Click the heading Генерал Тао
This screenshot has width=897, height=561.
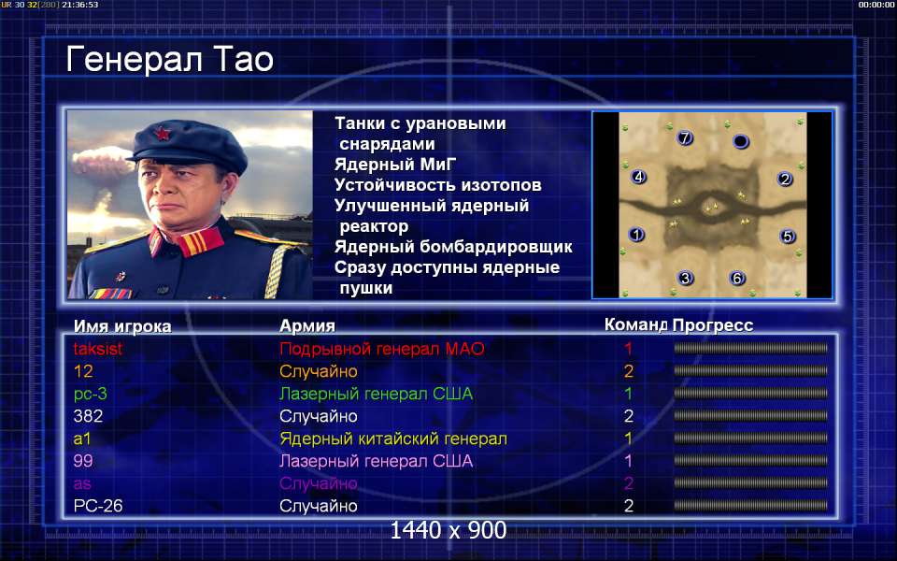(x=169, y=60)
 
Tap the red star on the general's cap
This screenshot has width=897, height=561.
(x=163, y=134)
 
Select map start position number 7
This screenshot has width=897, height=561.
(x=685, y=137)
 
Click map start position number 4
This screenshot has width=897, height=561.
(x=638, y=177)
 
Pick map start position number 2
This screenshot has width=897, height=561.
(x=785, y=180)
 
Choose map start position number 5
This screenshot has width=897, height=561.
(x=788, y=236)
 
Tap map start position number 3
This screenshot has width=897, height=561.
(x=685, y=279)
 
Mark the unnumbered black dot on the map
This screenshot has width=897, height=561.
(x=740, y=141)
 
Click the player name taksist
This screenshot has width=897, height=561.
(x=98, y=349)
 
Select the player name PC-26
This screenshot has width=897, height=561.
(x=98, y=506)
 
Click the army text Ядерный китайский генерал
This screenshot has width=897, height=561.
(x=393, y=439)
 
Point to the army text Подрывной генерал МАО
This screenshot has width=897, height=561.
(x=381, y=349)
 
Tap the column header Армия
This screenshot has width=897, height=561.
(x=307, y=325)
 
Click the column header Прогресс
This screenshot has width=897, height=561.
(x=713, y=325)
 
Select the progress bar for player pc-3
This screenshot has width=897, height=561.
(x=750, y=394)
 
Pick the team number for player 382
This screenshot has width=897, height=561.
(x=629, y=416)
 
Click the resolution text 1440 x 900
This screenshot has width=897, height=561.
(x=448, y=530)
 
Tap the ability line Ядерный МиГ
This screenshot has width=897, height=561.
(x=395, y=165)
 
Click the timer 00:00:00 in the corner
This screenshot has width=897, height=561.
(x=876, y=5)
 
